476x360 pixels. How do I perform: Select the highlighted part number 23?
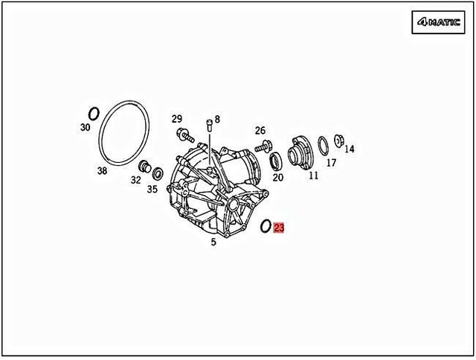point(279,228)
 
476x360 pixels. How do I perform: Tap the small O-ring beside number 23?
point(266,225)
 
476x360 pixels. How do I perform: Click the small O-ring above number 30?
point(94,113)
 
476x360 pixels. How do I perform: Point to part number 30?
point(86,127)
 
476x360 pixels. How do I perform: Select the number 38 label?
point(102,170)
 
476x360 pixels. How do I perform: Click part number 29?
point(177,119)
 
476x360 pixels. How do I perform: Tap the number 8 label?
point(217,119)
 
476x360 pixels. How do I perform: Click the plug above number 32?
point(144,166)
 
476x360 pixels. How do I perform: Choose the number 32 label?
point(135,179)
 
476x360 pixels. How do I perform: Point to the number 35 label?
point(152,189)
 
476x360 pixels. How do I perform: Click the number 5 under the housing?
point(213,242)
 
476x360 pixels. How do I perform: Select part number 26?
point(260,131)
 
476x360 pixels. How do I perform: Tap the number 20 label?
point(277,177)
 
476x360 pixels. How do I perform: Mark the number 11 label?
point(313,176)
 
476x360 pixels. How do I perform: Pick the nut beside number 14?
point(338,140)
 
